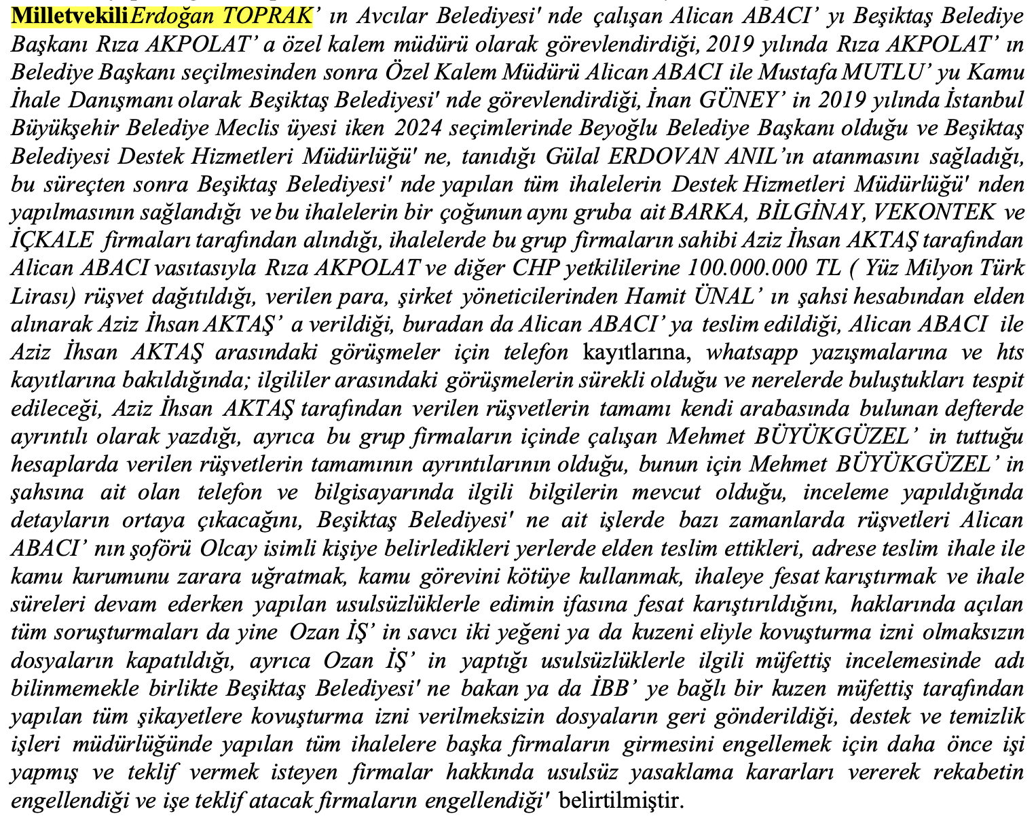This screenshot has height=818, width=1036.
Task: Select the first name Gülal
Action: pos(572,156)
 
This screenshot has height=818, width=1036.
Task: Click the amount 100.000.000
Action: pos(746,268)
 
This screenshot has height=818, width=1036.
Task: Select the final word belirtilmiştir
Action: pos(618,801)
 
